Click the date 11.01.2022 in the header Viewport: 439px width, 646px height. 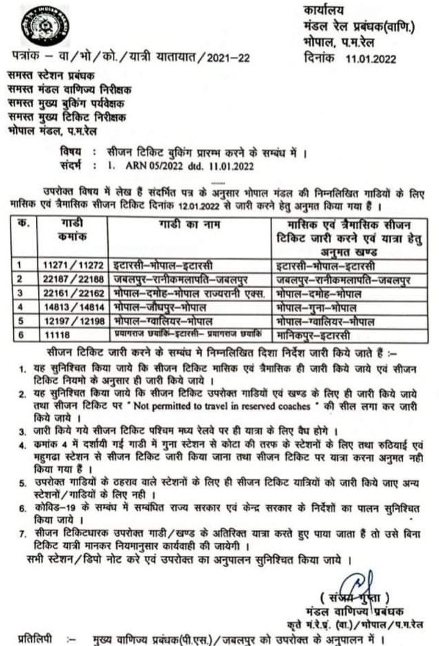click(370, 59)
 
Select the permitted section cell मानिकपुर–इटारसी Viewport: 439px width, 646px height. click(319, 335)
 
